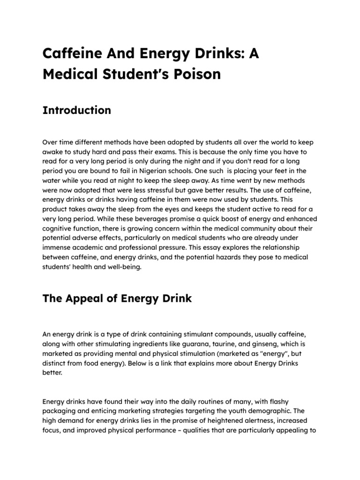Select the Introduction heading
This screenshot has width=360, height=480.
tap(77, 110)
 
